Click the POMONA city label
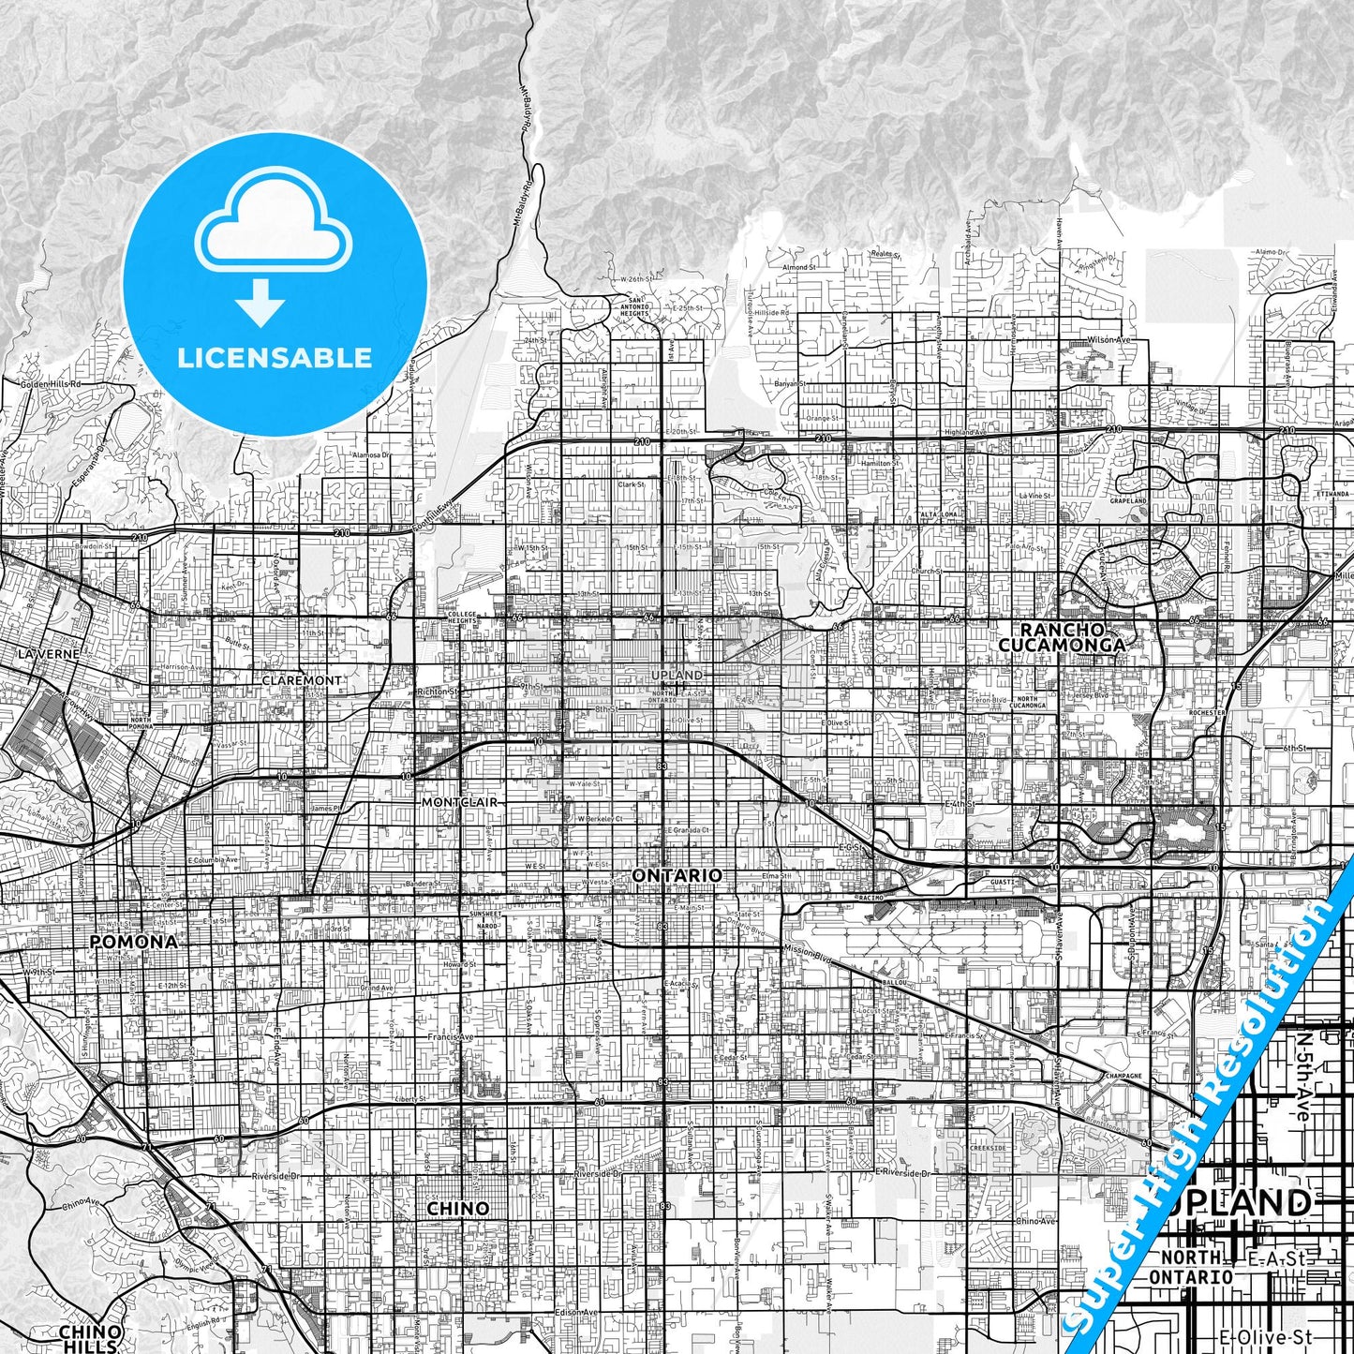pos(133,941)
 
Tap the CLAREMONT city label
pos(302,680)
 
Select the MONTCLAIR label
pos(459,803)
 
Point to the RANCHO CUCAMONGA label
pos(1062,637)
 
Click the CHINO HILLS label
pos(90,1337)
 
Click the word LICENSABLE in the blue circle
pos(275,358)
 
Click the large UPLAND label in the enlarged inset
pos(1242,1203)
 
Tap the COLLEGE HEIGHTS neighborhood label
pos(462,619)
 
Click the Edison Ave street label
pos(575,1312)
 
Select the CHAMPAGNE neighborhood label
pos(1123,1076)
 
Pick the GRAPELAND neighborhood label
pos(1128,501)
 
